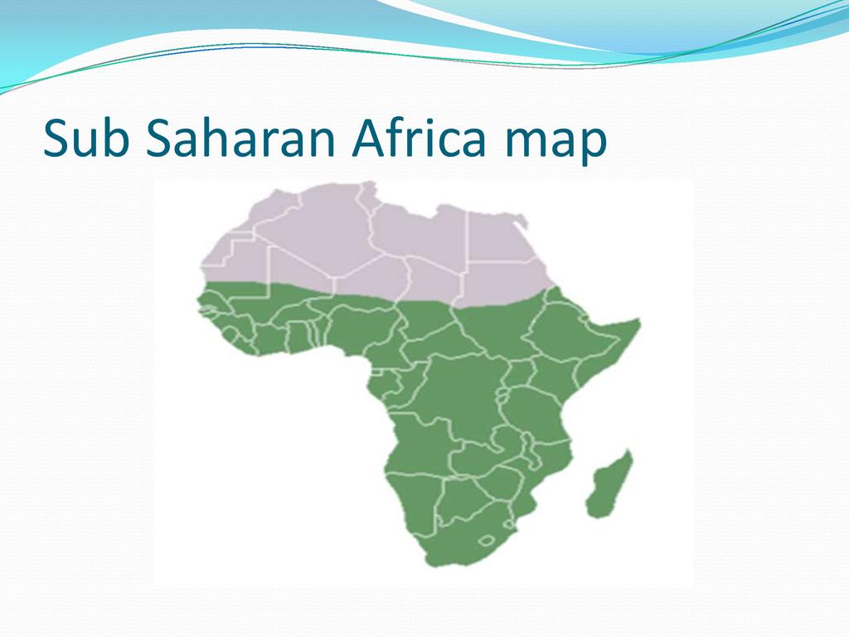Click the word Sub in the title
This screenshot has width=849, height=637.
[86, 138]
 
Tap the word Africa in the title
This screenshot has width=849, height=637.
[419, 138]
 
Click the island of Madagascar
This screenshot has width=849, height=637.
[609, 484]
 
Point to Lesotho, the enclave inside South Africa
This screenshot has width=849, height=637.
[486, 541]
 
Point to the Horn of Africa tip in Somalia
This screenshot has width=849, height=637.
[639, 322]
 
